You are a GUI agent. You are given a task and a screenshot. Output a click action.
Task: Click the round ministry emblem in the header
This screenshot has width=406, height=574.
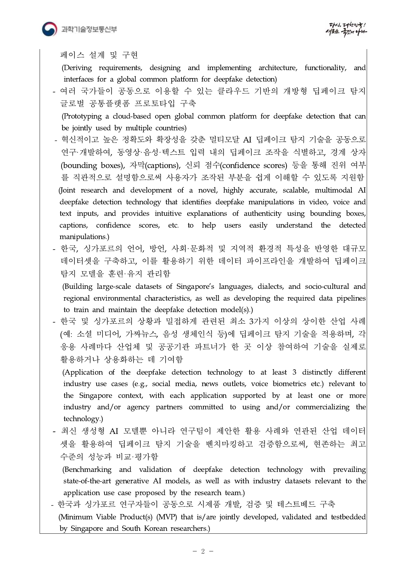(x=49, y=29)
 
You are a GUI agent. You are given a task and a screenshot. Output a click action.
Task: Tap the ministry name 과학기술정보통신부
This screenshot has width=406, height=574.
(x=89, y=29)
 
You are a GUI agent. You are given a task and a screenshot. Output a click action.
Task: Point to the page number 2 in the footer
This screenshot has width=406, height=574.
(x=203, y=551)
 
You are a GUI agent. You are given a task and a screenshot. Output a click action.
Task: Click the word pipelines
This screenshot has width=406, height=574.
(x=351, y=298)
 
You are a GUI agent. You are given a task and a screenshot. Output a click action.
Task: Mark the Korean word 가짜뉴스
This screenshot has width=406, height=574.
(x=142, y=334)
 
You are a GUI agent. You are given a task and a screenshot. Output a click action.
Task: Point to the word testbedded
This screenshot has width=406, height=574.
(x=348, y=517)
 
